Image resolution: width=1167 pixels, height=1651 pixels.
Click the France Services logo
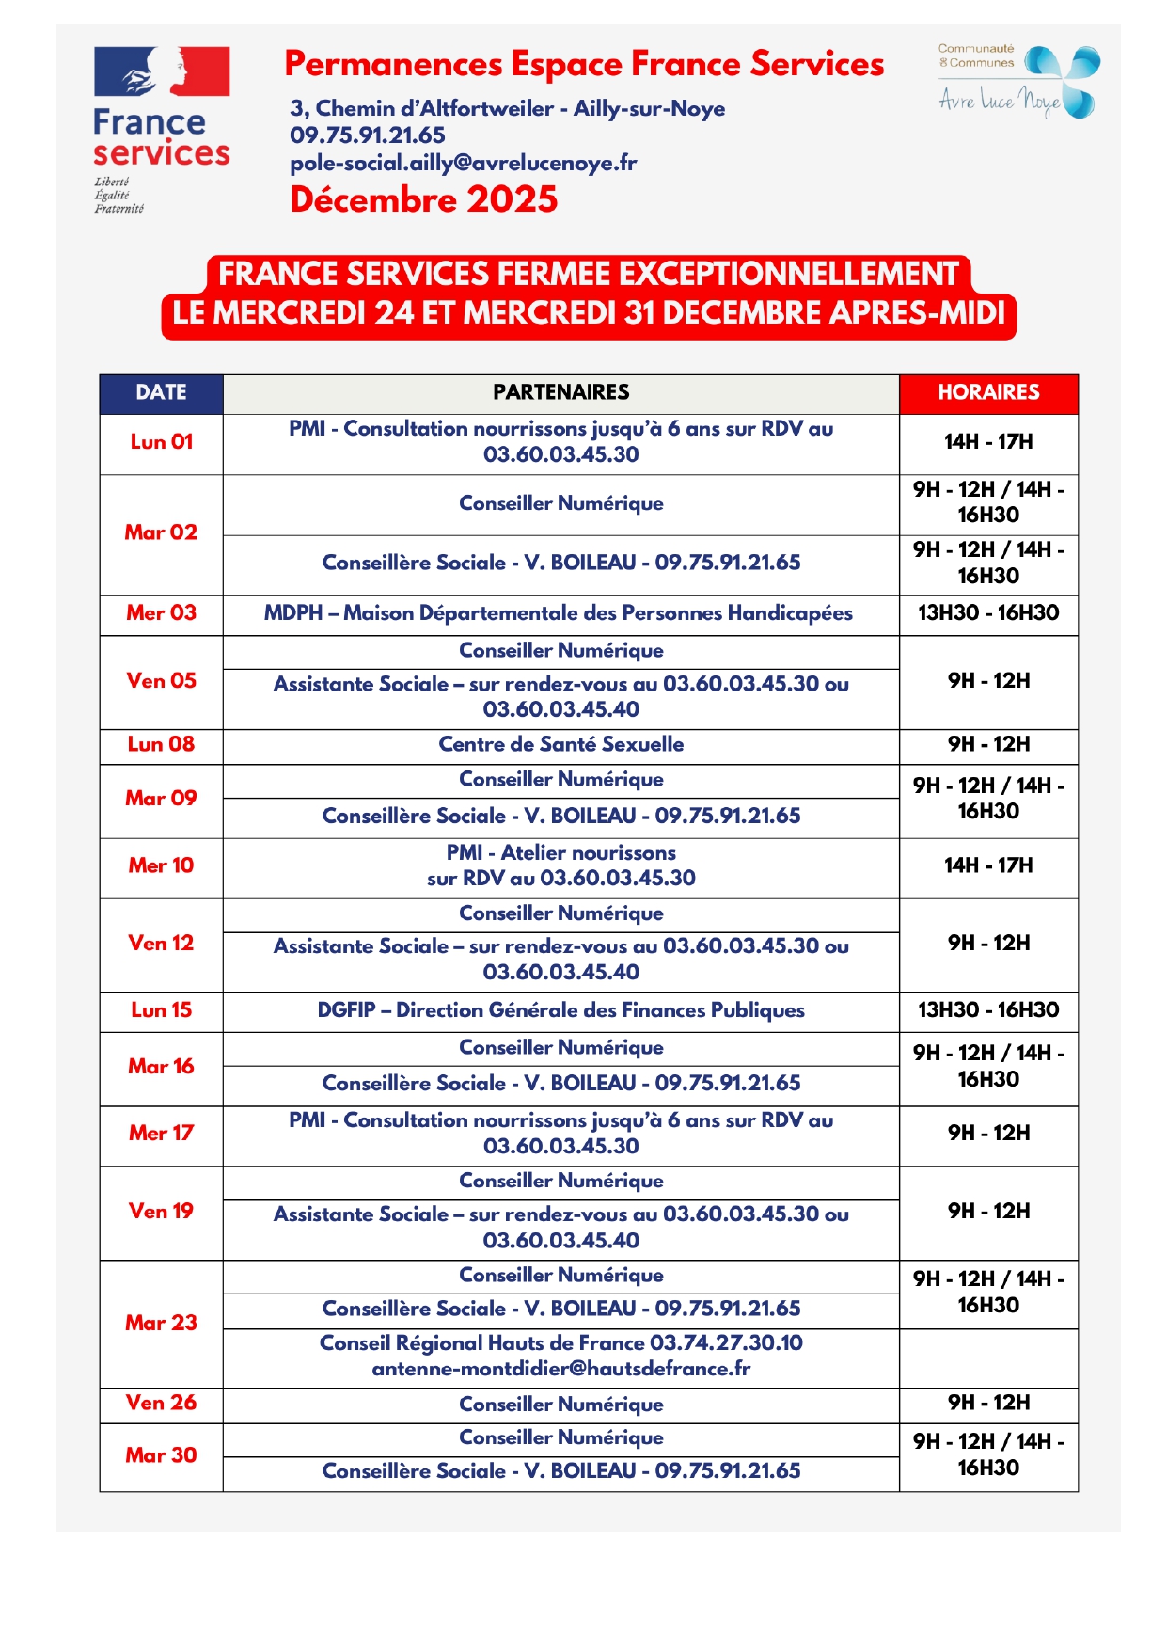(x=161, y=129)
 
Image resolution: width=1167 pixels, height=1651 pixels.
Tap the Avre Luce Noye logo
(x=1017, y=82)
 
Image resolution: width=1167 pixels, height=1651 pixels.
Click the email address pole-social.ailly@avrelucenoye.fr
(x=463, y=163)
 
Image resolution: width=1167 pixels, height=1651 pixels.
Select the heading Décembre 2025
(x=423, y=199)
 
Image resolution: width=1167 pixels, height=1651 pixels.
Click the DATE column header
(x=161, y=392)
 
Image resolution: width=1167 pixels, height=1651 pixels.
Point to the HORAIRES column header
(x=987, y=392)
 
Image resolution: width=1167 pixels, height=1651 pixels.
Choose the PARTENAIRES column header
(x=560, y=392)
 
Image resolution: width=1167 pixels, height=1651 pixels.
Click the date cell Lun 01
(x=161, y=442)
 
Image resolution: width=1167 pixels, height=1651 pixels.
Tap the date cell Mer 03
(x=161, y=613)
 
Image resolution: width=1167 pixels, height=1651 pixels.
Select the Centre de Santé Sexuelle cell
(x=560, y=744)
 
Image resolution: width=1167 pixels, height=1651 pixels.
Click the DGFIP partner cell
(x=560, y=1010)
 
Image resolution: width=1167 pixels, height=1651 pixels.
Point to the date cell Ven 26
(x=161, y=1403)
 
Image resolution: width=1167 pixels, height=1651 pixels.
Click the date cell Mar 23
(x=161, y=1323)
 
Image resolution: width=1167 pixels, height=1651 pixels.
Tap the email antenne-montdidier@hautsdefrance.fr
(x=560, y=1369)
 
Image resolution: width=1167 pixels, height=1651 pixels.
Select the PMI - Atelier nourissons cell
(x=560, y=865)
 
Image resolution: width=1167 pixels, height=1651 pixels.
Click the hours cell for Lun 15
(x=987, y=1010)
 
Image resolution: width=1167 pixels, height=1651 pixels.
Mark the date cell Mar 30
(x=161, y=1455)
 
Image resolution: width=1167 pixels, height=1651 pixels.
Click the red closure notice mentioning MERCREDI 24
(x=589, y=294)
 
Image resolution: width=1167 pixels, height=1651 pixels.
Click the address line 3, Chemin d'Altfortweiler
(x=507, y=108)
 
